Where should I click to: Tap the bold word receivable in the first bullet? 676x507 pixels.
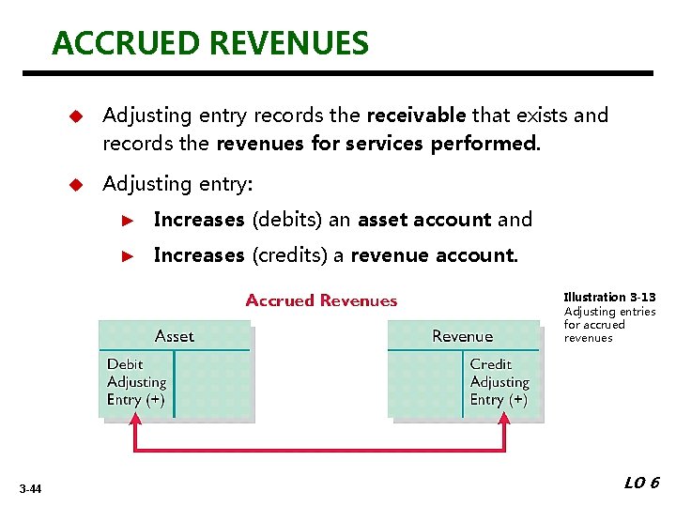[416, 115]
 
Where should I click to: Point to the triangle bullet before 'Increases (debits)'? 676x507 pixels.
[131, 221]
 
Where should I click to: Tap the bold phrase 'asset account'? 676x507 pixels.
[424, 220]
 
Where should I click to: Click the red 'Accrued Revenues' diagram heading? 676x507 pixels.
[321, 301]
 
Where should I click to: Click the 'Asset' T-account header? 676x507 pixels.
[175, 335]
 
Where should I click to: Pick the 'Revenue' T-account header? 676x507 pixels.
[462, 335]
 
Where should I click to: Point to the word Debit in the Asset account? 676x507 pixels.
[125, 364]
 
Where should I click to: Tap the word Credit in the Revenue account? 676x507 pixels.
[490, 364]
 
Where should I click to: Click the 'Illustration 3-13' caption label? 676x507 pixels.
[609, 298]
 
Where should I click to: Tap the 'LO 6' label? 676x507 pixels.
[642, 483]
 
